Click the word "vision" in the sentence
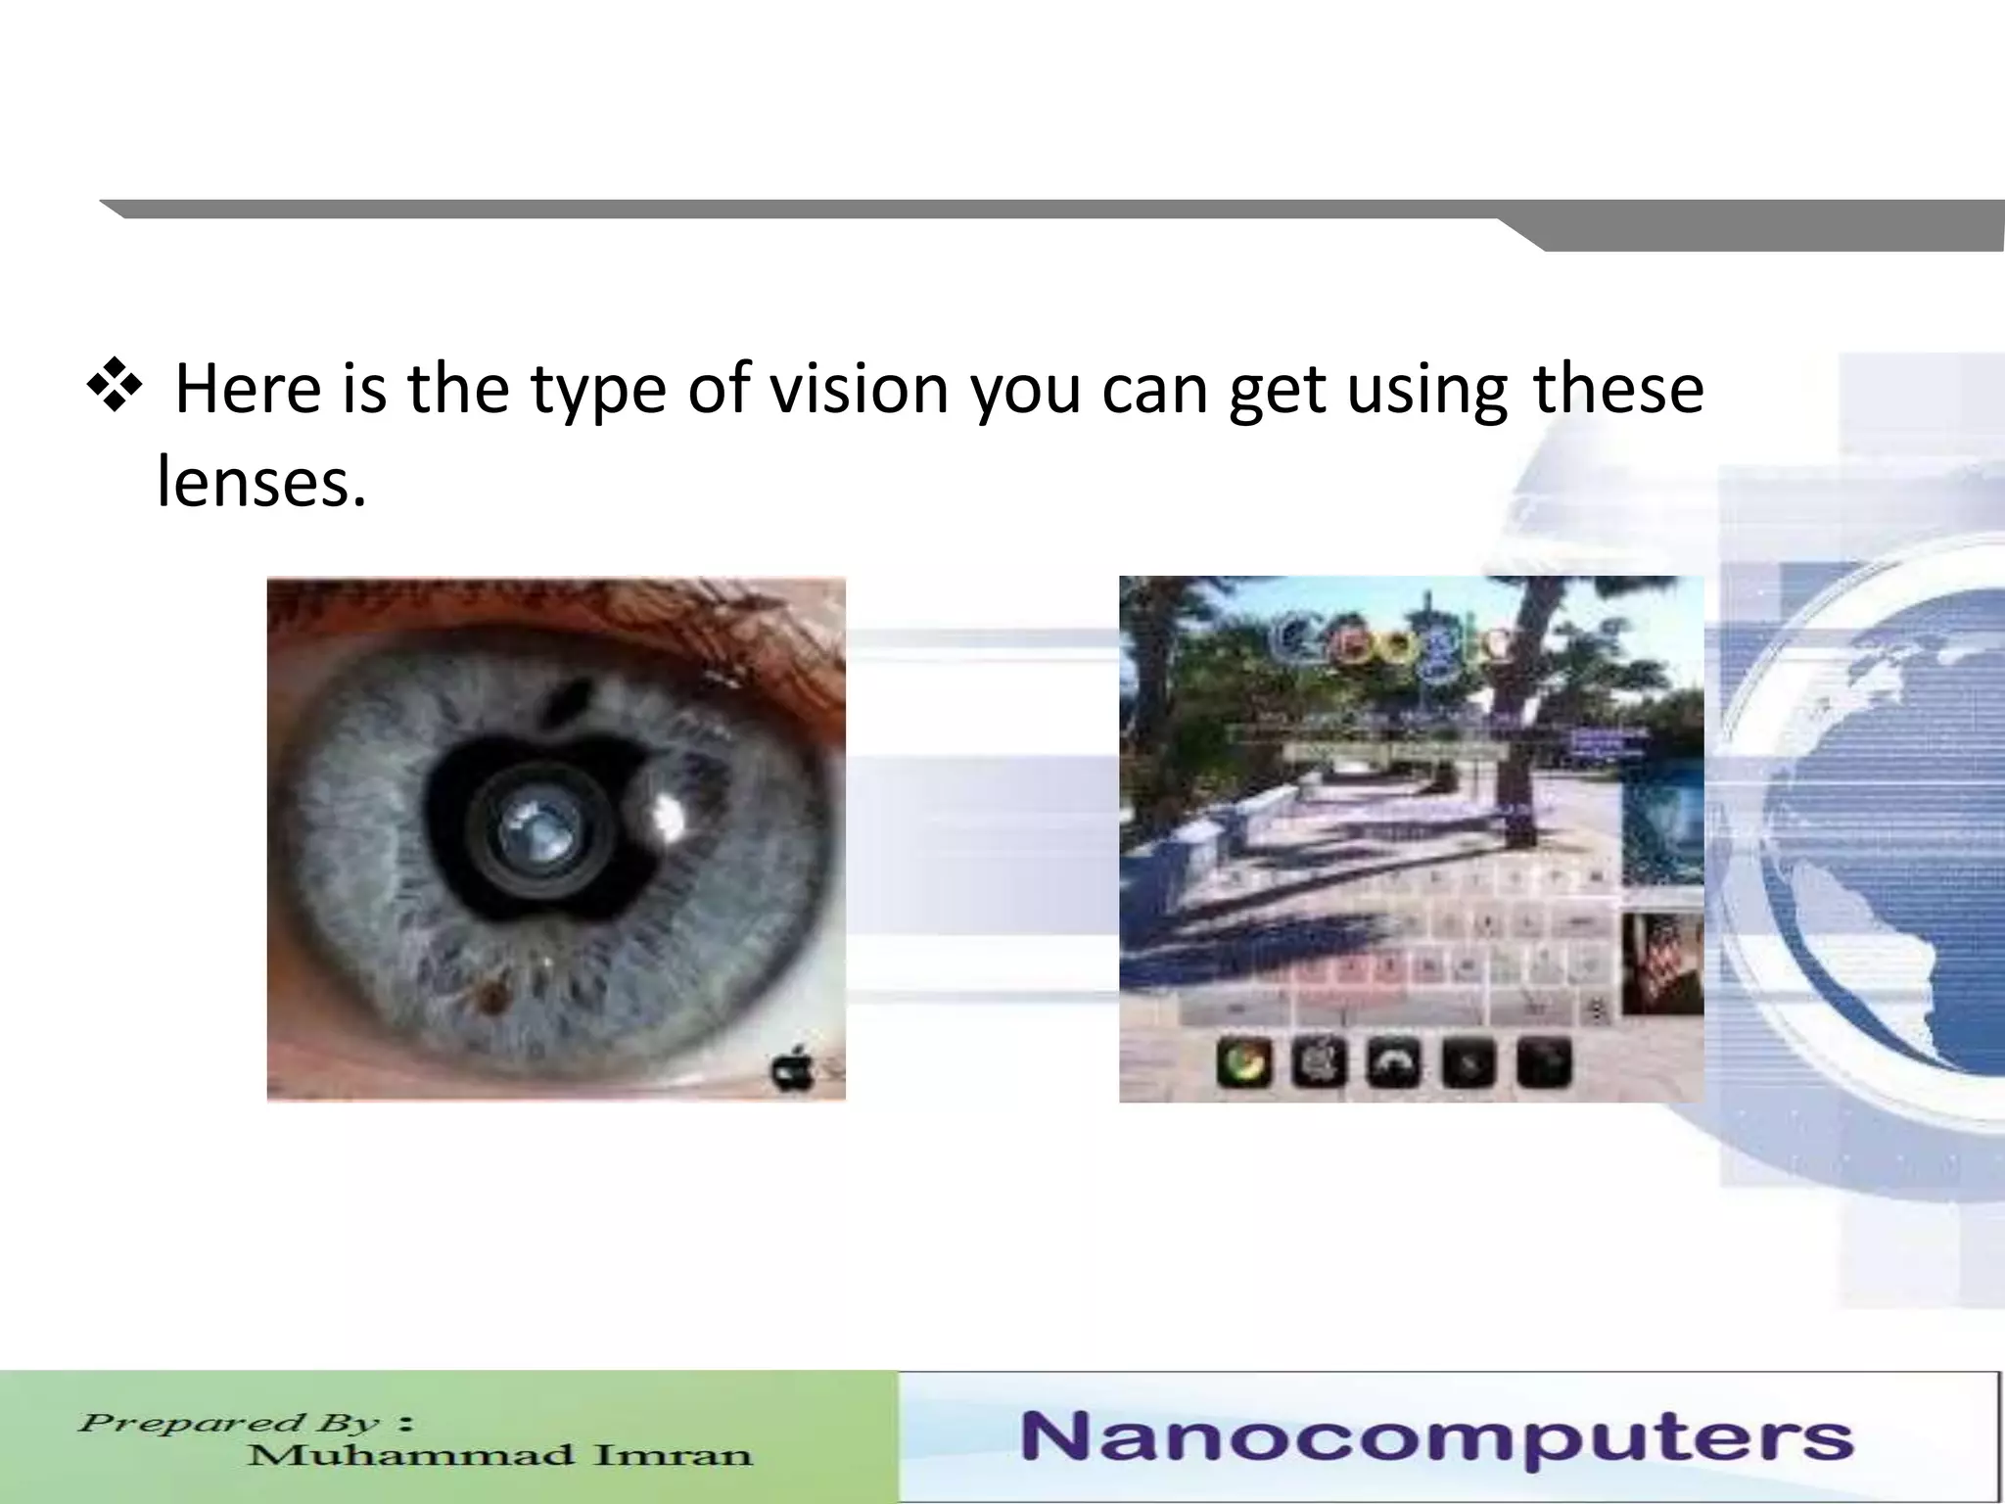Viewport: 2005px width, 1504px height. click(859, 389)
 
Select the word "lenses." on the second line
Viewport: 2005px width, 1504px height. click(261, 482)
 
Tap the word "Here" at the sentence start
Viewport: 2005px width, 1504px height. click(248, 389)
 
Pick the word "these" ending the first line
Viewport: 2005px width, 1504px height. click(1617, 389)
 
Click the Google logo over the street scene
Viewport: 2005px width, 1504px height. click(1390, 641)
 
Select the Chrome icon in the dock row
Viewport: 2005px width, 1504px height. click(1243, 1063)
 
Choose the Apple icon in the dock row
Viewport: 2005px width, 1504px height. click(1319, 1063)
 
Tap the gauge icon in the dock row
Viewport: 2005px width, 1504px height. click(1393, 1063)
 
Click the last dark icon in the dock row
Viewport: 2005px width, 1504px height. click(1543, 1063)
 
